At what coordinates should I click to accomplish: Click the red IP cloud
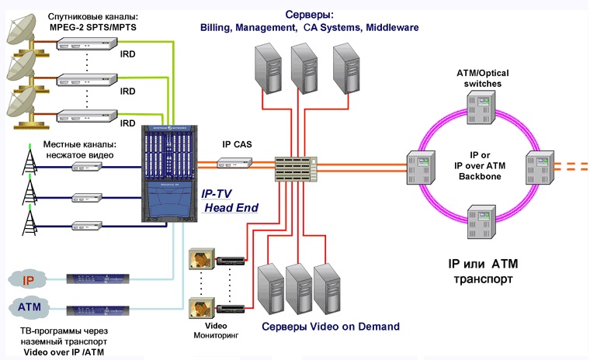pyautogui.click(x=27, y=280)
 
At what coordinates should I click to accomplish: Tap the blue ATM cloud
pyautogui.click(x=29, y=308)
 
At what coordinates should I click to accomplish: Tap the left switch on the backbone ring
pyautogui.click(x=420, y=164)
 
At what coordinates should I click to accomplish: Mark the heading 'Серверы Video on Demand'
pyautogui.click(x=330, y=326)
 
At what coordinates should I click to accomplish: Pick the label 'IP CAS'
pyautogui.click(x=237, y=144)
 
